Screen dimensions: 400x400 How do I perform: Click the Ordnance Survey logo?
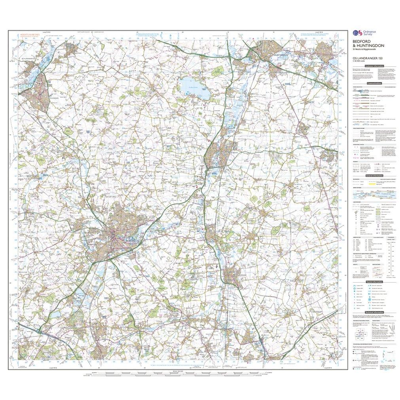pos(358,35)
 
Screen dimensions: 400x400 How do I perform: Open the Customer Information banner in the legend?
pos(374,66)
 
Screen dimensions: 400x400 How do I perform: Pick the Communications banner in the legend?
pos(374,84)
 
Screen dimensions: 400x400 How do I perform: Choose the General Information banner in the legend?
pos(374,175)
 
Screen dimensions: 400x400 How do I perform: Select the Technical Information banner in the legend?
pos(374,312)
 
